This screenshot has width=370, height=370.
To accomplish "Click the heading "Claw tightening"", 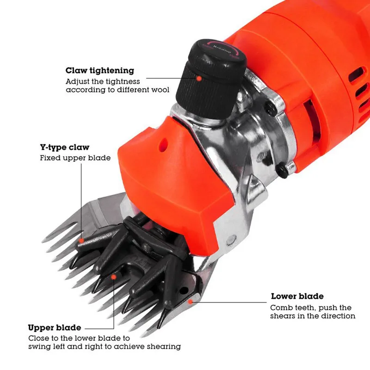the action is (100, 71).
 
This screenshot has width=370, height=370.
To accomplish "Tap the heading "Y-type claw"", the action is (65, 147).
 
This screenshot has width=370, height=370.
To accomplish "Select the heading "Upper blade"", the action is (55, 327).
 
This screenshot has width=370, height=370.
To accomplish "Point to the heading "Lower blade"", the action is (297, 296).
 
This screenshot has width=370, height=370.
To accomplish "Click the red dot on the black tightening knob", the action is (199, 78).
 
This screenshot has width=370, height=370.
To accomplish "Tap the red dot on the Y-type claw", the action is (81, 240).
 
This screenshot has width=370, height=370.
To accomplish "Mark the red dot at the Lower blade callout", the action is (190, 302).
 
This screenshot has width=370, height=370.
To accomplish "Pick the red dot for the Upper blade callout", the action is (114, 277).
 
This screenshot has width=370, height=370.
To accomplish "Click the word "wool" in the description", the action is (160, 90).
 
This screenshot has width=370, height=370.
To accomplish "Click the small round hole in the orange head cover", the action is (164, 145).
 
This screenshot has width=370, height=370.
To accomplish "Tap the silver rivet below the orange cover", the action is (231, 240).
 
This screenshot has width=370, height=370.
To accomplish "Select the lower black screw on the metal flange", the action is (282, 170).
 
